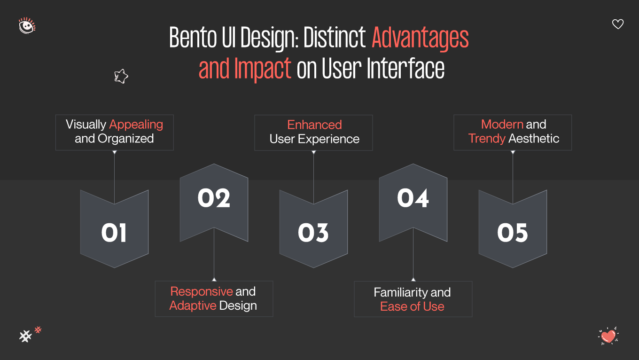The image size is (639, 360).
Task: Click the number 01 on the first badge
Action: [114, 233]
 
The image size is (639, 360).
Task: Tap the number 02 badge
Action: [214, 198]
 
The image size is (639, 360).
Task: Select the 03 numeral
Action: [313, 233]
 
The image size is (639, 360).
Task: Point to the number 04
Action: [413, 198]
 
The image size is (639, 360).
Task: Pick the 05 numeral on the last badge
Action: [513, 233]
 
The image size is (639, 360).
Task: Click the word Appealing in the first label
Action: [136, 125]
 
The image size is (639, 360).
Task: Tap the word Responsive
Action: [202, 291]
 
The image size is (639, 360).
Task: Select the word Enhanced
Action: [314, 125]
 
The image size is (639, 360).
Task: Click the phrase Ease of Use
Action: [412, 306]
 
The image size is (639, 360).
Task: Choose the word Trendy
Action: [487, 139]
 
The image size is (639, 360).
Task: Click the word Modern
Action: [502, 125]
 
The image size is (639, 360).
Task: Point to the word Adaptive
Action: [193, 305]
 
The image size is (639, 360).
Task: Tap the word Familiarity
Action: [401, 292]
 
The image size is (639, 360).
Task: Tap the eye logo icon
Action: [27, 25]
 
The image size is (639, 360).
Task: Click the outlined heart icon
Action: [618, 24]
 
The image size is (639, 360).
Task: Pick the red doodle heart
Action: [608, 336]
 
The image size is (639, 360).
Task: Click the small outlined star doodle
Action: [121, 76]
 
